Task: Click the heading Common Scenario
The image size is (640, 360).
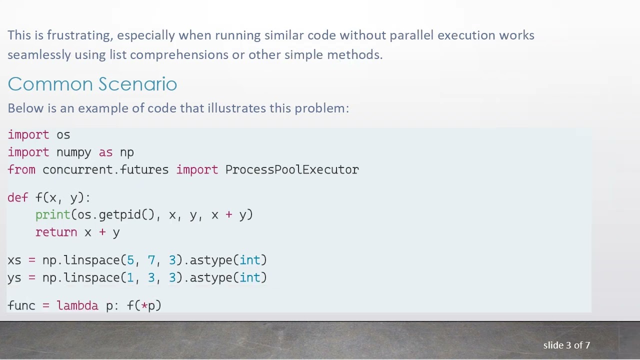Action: (x=92, y=84)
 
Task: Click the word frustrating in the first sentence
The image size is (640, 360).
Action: (x=80, y=35)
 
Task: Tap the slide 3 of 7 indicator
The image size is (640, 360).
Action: (x=566, y=345)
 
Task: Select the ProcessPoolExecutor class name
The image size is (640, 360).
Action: (x=292, y=170)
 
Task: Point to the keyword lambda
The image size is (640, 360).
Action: (x=77, y=306)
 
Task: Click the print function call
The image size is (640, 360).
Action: (x=53, y=215)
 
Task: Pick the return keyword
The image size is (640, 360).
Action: (x=56, y=232)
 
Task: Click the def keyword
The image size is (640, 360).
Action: (x=17, y=198)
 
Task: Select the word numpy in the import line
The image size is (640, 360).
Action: (x=73, y=152)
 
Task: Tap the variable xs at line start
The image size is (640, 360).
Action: (x=14, y=260)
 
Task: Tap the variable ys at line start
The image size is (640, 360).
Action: (x=14, y=278)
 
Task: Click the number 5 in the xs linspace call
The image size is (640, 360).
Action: (x=130, y=260)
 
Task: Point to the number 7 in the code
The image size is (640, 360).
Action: (x=151, y=260)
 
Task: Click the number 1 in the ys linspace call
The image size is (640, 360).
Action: (x=130, y=278)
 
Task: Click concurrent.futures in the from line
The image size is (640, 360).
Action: (x=105, y=170)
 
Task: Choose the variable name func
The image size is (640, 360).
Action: (x=21, y=306)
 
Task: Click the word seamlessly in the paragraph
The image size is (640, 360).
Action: (x=39, y=55)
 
